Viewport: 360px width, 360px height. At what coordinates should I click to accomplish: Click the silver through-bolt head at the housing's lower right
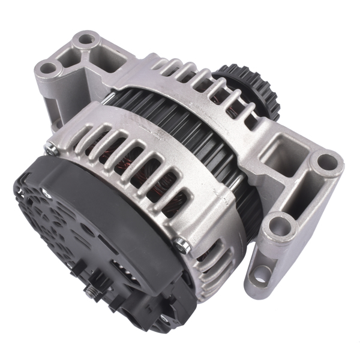coord(181,242)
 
